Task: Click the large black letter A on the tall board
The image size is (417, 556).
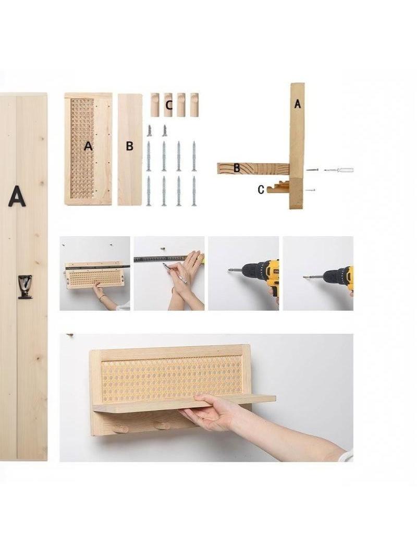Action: coord(17,196)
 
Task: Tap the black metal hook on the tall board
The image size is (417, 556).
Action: coord(25,286)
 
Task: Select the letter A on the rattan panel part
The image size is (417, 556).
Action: coord(88,146)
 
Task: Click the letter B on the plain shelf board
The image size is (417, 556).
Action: coord(130,146)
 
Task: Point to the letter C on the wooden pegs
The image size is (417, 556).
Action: coord(169,105)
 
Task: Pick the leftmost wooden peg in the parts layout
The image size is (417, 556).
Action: coord(155,105)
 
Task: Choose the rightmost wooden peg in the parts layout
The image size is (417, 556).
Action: coord(194,105)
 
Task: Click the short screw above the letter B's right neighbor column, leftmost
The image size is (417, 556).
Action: coord(149,130)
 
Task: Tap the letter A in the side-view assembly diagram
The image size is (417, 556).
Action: coord(297,104)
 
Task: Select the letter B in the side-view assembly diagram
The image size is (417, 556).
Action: coord(237,168)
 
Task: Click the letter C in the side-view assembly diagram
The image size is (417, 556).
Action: coord(261,190)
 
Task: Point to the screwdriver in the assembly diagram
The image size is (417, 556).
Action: coord(339,170)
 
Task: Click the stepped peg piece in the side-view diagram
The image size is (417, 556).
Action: coord(278,187)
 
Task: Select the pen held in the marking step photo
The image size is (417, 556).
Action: coord(175,273)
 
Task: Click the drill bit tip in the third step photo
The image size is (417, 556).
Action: coord(229,271)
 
